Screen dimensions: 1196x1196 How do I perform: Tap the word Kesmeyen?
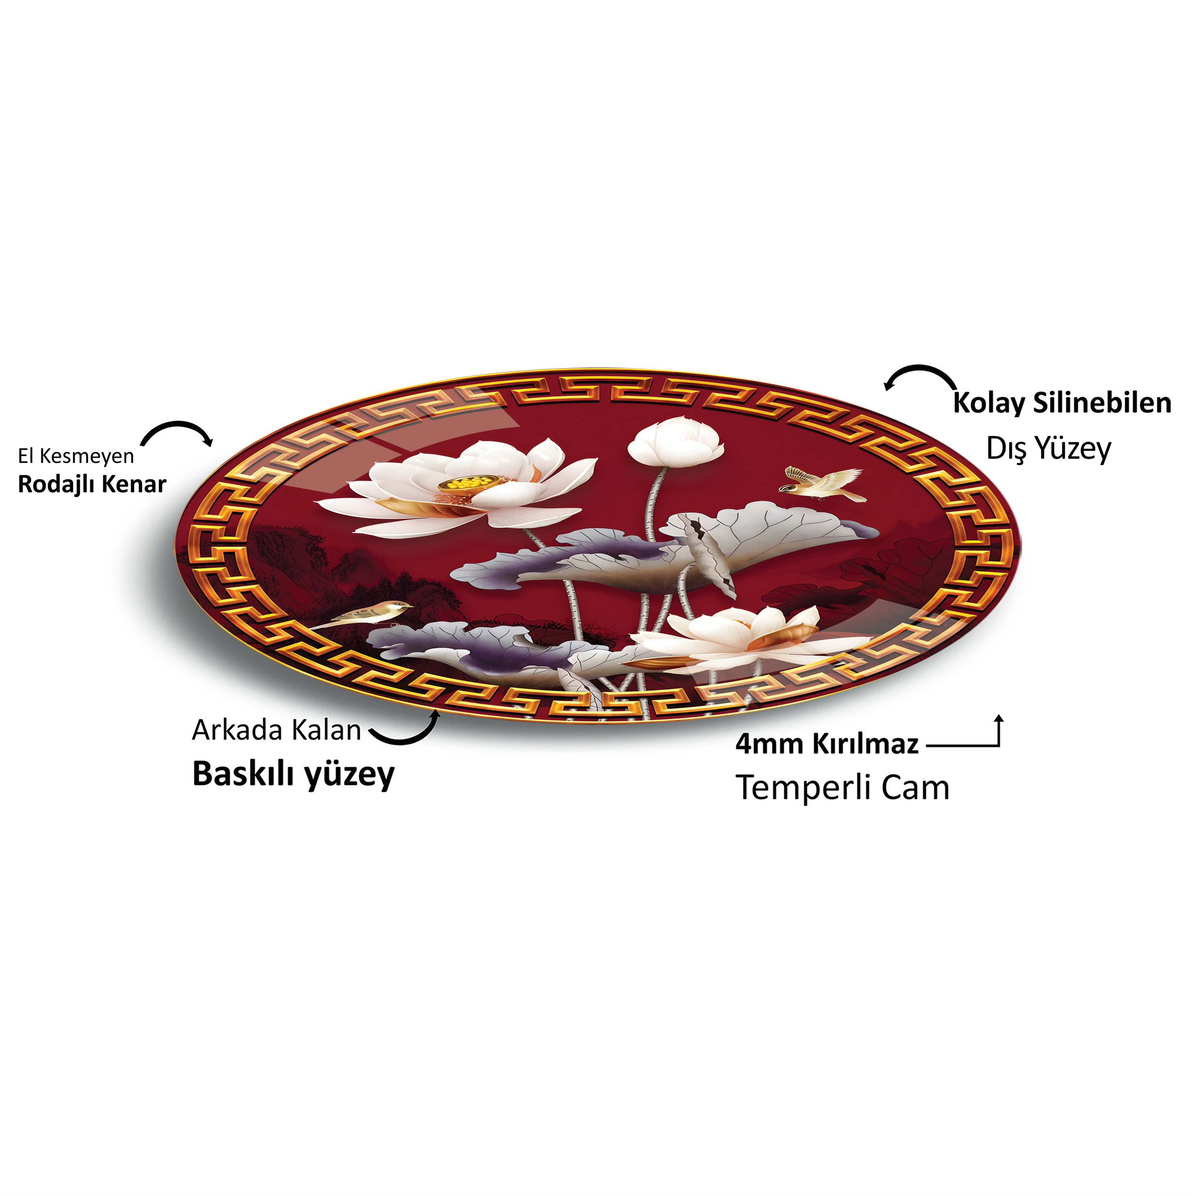pyautogui.click(x=87, y=456)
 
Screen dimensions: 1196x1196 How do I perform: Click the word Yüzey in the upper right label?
pyautogui.click(x=1073, y=449)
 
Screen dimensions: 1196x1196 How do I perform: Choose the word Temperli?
pyautogui.click(x=805, y=789)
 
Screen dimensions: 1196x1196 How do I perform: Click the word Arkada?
pyautogui.click(x=238, y=730)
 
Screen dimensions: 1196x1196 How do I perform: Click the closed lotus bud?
pyautogui.click(x=676, y=441)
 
